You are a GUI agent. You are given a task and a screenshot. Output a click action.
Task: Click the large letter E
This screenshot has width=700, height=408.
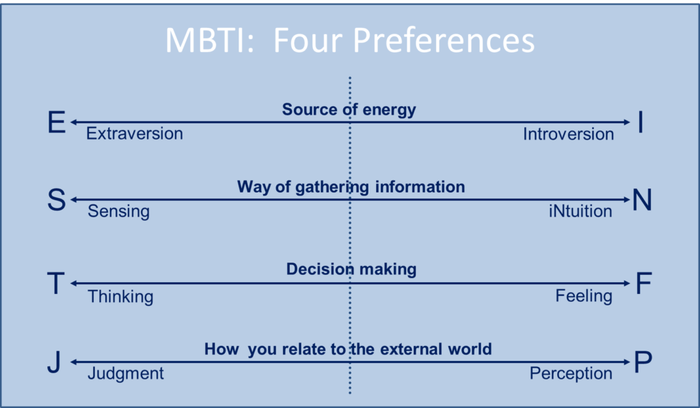tap(57, 122)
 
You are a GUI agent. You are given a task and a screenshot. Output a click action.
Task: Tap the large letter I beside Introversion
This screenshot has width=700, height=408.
tap(641, 122)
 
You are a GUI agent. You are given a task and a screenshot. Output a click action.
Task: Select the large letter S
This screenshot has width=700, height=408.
tap(57, 200)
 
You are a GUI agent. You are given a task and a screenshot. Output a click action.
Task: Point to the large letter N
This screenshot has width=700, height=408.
tap(642, 200)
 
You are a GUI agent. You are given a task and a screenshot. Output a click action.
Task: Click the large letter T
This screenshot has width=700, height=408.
tap(56, 283)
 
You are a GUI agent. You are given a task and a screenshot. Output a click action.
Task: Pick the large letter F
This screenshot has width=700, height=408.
tap(644, 283)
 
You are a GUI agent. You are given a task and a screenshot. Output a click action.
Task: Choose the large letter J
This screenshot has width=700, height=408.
tap(54, 362)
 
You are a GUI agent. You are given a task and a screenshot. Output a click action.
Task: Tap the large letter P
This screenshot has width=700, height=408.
tap(643, 362)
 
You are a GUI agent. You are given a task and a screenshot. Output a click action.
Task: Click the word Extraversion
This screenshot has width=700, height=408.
tap(135, 133)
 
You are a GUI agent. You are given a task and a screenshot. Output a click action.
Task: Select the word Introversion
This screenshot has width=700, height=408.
tap(568, 134)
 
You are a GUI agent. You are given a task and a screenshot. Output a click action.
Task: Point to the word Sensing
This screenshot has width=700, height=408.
tap(118, 212)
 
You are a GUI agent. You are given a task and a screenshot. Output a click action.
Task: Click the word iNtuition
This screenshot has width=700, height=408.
tap(580, 211)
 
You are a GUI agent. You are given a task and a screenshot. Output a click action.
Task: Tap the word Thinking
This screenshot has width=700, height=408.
tap(120, 297)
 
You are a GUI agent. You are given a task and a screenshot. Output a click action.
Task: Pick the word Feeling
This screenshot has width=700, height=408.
tap(584, 296)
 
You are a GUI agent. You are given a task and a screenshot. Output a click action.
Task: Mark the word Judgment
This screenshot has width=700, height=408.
tap(126, 374)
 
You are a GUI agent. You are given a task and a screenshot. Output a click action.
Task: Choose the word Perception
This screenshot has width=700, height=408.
tap(571, 374)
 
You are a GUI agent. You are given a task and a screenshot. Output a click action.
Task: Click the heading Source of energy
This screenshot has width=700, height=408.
tap(349, 110)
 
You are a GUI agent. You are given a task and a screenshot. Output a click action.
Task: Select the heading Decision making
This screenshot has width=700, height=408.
tap(351, 269)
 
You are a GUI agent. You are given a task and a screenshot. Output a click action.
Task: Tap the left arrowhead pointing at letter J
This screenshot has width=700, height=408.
tap(74, 362)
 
